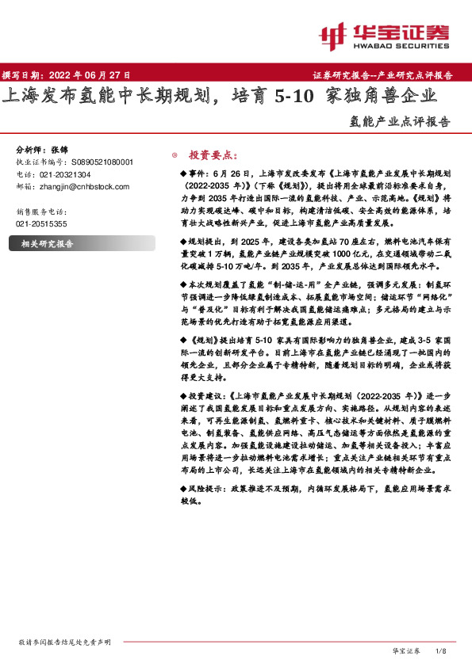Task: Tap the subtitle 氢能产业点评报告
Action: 399,123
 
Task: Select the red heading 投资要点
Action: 212,155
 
